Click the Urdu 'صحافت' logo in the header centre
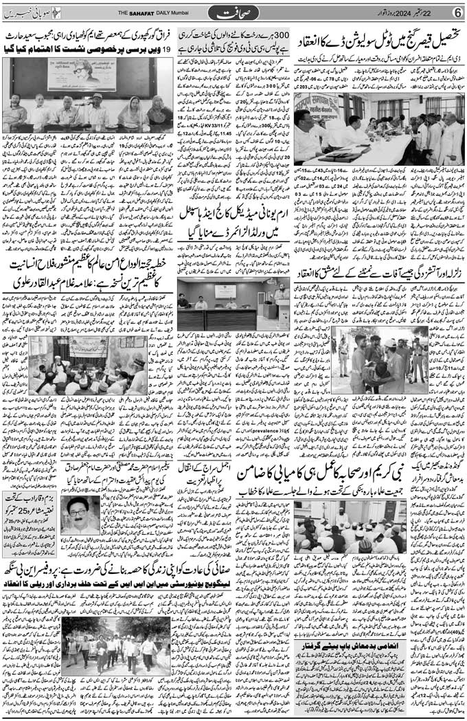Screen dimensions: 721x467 234,12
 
